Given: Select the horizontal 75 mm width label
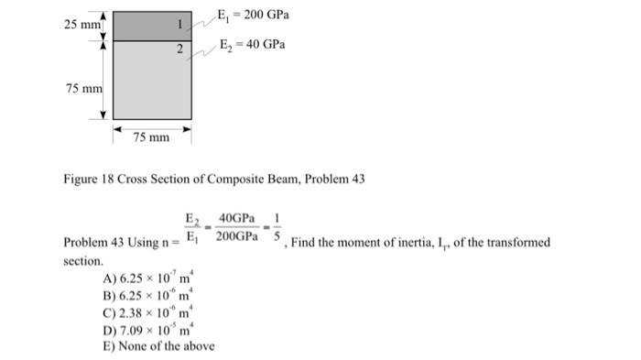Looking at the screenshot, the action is pos(151,137).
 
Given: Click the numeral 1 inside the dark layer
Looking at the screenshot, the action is pos(180,22).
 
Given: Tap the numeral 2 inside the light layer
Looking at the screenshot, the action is pos(180,47).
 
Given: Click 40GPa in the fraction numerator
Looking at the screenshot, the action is pos(234,219).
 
